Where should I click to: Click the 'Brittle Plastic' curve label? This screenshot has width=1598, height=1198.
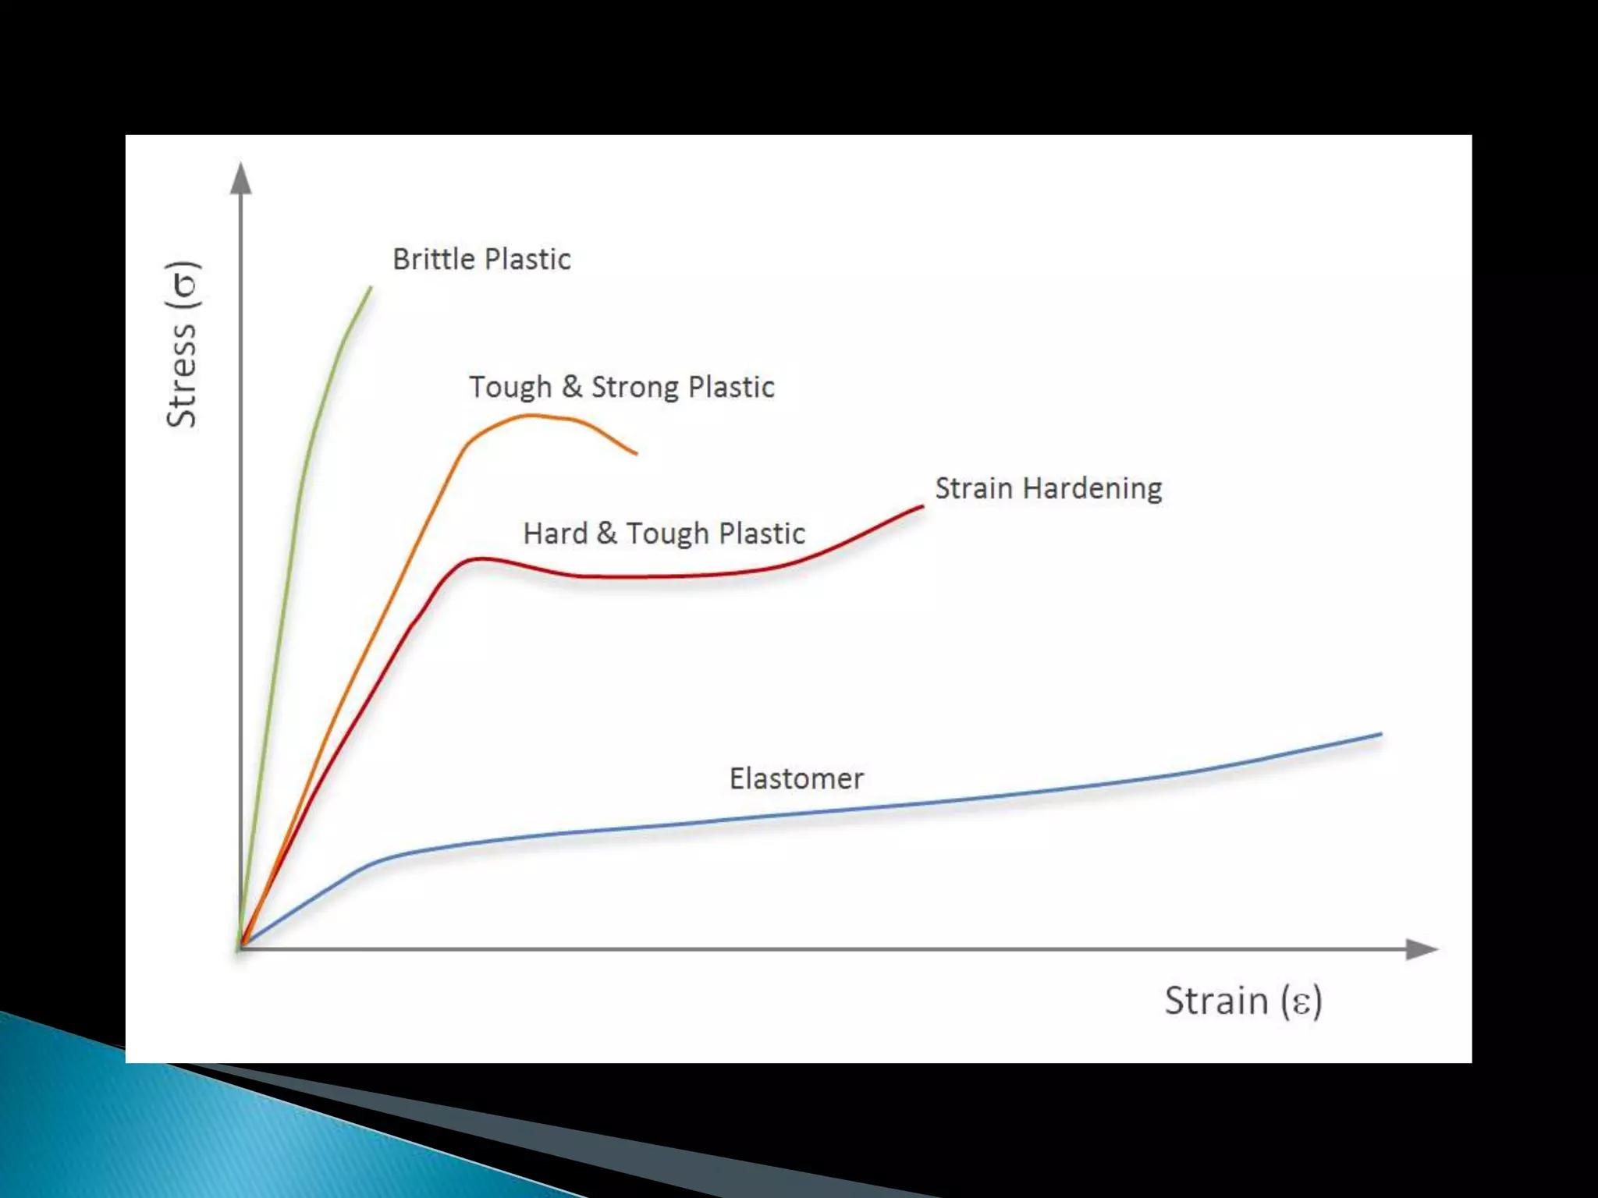[x=481, y=259]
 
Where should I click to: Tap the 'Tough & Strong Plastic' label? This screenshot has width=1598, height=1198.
[x=621, y=387]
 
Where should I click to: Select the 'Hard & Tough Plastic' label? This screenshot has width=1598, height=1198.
[x=663, y=533]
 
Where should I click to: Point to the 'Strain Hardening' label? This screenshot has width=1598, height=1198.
[x=1048, y=488]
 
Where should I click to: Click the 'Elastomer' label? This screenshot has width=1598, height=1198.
[x=796, y=778]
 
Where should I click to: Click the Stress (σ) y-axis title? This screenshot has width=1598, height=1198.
[x=182, y=344]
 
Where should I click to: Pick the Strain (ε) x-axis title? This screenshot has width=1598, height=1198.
[x=1243, y=1001]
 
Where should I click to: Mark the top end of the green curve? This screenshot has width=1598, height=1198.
[x=371, y=288]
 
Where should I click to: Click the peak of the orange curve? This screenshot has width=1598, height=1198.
[x=532, y=416]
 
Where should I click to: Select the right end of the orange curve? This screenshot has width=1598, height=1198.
[x=636, y=453]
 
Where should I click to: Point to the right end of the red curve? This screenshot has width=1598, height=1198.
[x=922, y=507]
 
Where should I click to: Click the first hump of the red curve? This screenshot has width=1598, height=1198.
[x=480, y=558]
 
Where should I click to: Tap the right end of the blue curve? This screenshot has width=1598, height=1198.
[x=1380, y=734]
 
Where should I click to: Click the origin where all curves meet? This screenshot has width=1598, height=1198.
[x=241, y=948]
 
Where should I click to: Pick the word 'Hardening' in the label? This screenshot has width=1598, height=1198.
[x=1092, y=488]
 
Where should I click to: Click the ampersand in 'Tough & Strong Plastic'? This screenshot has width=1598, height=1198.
[x=572, y=386]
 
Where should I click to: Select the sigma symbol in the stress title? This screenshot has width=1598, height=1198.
[x=185, y=285]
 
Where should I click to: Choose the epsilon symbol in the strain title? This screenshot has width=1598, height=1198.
[x=1301, y=1002]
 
